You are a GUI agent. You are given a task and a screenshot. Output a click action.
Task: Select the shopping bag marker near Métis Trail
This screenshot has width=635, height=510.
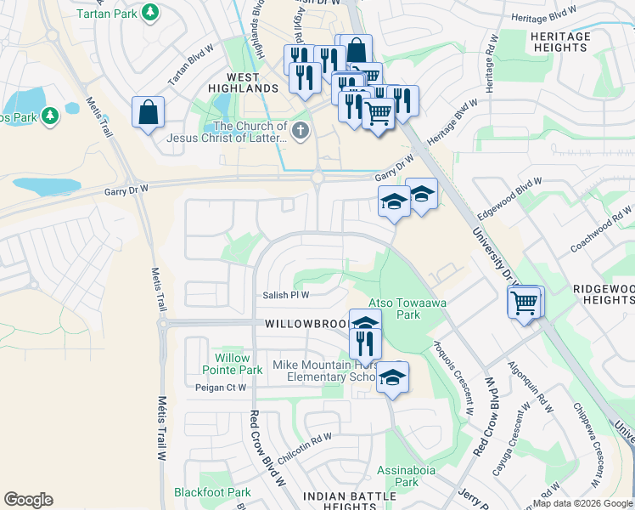pos(148,113)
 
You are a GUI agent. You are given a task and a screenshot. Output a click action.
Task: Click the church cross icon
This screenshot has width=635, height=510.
pos(299,132)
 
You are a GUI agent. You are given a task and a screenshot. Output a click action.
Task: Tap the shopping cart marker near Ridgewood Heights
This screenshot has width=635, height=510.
pos(525,301)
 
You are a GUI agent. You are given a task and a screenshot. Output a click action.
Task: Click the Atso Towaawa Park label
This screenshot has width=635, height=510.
pos(394,309)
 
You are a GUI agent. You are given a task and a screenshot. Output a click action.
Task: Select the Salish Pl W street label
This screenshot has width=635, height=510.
pos(285,295)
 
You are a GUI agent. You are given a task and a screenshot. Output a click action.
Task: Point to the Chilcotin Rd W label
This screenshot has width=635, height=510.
pos(303,439)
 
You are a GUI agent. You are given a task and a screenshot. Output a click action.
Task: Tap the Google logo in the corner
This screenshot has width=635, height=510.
pos(28,500)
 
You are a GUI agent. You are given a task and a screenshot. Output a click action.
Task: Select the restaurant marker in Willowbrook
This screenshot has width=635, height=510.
pos(366,343)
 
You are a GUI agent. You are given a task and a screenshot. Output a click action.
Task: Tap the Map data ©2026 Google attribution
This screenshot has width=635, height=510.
pos(582,503)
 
